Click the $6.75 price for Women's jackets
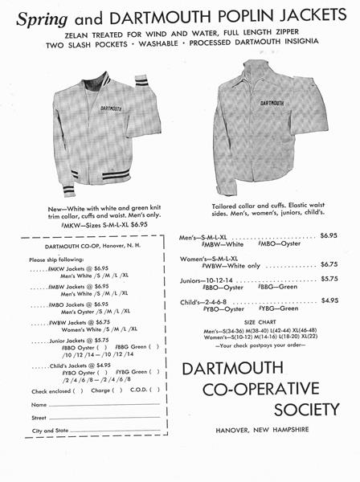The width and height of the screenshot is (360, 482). point(329,263)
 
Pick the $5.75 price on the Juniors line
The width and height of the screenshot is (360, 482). point(329,280)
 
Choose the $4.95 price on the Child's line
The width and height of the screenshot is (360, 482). point(329,300)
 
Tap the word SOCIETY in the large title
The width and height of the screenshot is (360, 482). point(295,410)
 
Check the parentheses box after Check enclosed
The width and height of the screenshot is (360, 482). point(78,390)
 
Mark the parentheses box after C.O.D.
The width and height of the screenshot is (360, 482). point(156,390)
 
